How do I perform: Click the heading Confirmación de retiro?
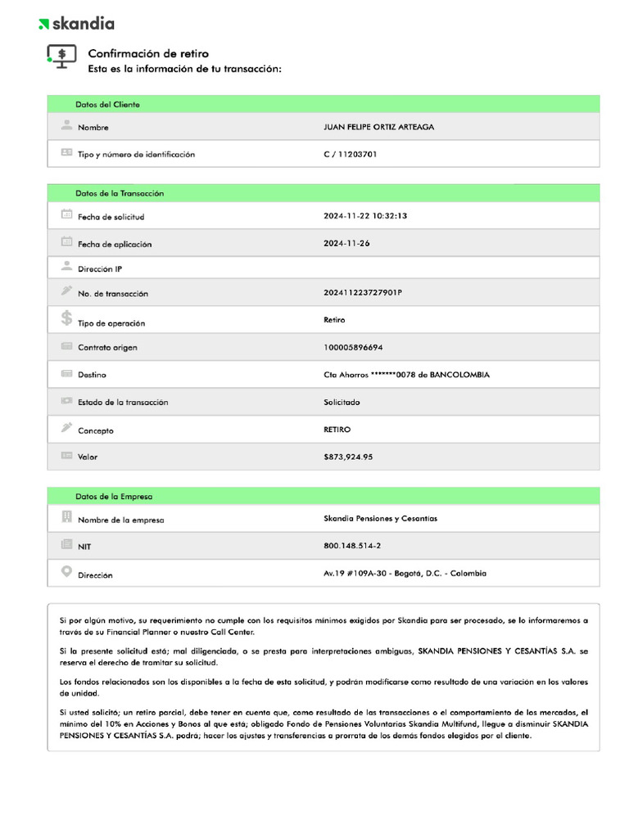point(148,54)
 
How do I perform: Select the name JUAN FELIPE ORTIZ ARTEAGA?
point(379,127)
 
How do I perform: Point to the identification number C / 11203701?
point(351,154)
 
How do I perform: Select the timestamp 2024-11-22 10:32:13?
point(365,216)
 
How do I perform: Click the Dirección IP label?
point(100,269)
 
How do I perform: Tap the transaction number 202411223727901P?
point(363,292)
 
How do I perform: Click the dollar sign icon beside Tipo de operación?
point(66,318)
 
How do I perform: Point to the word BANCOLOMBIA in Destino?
point(459,375)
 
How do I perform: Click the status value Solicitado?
point(342,402)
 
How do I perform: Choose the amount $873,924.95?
point(348,457)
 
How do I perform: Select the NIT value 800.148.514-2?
point(352,545)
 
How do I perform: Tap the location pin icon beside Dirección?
point(66,572)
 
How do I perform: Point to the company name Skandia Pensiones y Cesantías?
point(380,518)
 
